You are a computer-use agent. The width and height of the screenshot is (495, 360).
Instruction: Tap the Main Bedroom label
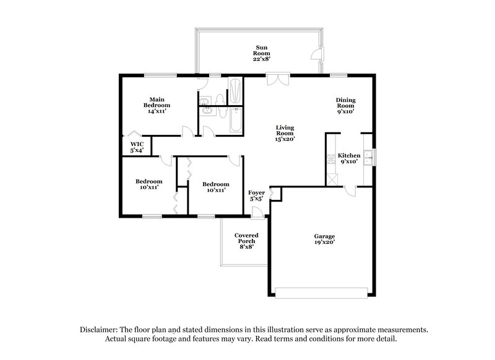pyautogui.click(x=157, y=102)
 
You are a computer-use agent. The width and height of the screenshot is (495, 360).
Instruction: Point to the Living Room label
pyautogui.click(x=285, y=133)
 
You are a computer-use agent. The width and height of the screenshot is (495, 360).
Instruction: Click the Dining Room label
pyautogui.click(x=345, y=106)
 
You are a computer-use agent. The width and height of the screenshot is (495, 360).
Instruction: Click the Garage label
pyautogui.click(x=324, y=239)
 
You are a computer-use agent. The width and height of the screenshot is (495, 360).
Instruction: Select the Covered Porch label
pyautogui.click(x=246, y=241)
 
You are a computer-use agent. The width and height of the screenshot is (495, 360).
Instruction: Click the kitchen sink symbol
pyautogui.click(x=368, y=157)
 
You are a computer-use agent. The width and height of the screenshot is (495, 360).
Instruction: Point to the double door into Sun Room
pyautogui.click(x=278, y=79)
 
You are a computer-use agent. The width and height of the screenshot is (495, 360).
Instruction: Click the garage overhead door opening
pyautogui.click(x=324, y=289)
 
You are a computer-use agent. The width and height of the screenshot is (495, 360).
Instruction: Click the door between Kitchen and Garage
pyautogui.click(x=351, y=191)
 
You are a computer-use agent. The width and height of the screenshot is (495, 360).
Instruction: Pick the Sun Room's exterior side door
pyautogui.click(x=317, y=54)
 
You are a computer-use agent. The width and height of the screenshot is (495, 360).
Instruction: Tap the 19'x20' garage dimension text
pyautogui.click(x=324, y=243)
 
